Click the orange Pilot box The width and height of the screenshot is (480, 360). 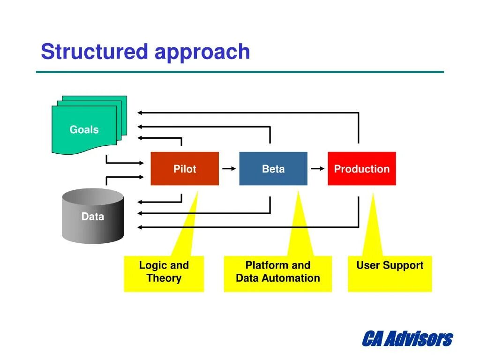185,168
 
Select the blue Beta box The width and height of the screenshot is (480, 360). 273,168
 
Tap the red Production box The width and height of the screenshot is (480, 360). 362,168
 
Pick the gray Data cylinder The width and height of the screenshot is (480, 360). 93,216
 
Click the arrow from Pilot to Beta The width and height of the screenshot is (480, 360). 229,168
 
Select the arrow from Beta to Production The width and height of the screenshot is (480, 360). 317,168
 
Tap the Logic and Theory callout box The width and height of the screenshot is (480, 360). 164,273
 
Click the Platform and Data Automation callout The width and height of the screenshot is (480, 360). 278,273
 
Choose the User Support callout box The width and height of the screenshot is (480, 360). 390,273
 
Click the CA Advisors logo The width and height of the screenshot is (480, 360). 407,338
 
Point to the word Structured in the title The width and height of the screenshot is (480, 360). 95,51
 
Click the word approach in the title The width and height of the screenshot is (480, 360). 202,53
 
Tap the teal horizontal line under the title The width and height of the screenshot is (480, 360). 240,72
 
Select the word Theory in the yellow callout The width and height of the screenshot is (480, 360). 164,278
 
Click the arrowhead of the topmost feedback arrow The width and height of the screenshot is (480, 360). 140,112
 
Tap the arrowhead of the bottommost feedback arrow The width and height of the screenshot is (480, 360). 140,227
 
